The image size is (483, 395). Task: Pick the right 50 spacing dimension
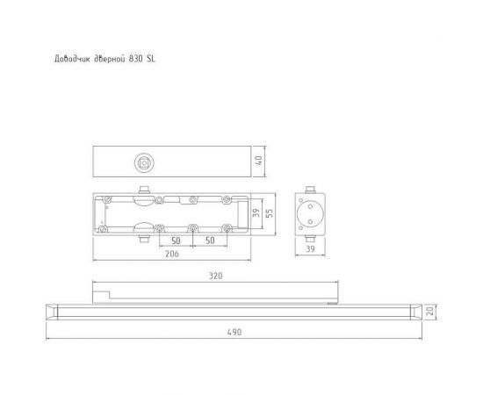tap(210, 239)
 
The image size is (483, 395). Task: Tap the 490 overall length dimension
tap(234, 332)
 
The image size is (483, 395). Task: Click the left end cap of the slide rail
tap(50, 310)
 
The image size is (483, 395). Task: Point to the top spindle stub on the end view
tap(308, 190)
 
